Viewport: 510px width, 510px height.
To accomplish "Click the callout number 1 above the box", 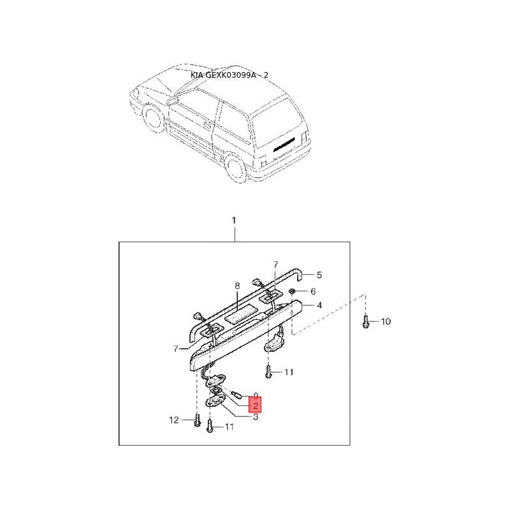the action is [234, 221].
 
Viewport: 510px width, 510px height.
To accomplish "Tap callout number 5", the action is [319, 275].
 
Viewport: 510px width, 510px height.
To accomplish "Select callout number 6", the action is [313, 291].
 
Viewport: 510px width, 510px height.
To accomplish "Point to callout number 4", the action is [319, 305].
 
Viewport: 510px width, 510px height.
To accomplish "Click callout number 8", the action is [237, 286].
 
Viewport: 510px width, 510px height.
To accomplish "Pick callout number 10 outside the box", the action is [385, 321].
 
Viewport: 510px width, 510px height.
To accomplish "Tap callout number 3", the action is [255, 418].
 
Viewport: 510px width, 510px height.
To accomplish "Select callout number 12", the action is [174, 420].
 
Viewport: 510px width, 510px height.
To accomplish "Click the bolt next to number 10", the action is [365, 321].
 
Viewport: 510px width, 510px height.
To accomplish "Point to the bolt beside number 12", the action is [195, 421].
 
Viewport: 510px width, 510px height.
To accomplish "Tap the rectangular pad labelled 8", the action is [244, 312].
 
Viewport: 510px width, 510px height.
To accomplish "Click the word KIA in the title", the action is [197, 75].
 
